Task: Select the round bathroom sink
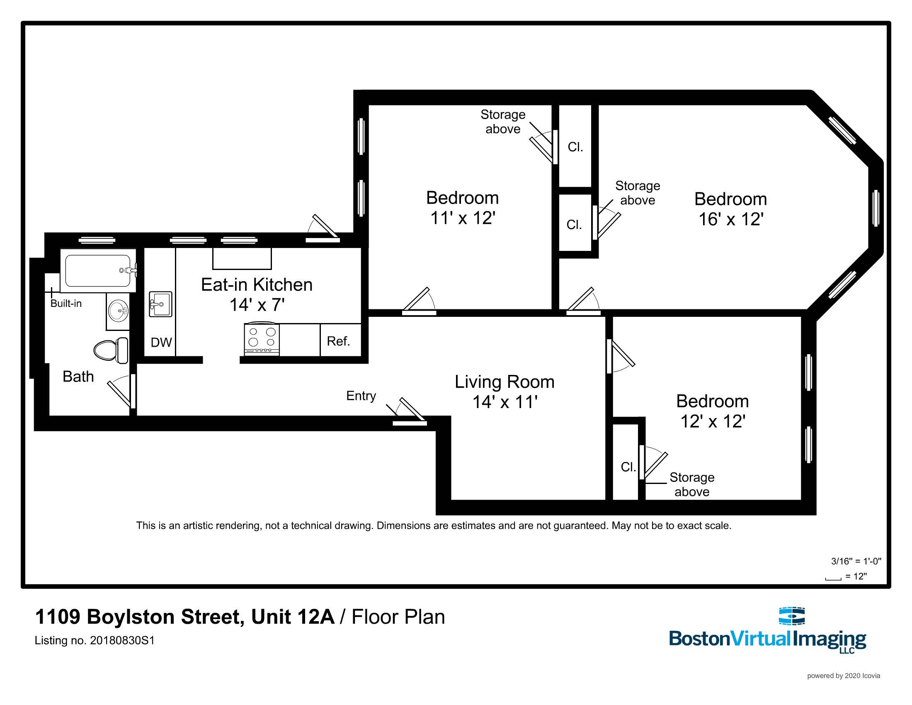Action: pyautogui.click(x=118, y=310)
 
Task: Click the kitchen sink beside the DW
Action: pyautogui.click(x=160, y=304)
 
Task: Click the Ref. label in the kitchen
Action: pyautogui.click(x=338, y=341)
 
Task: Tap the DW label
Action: pyautogui.click(x=161, y=343)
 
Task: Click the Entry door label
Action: pyautogui.click(x=361, y=396)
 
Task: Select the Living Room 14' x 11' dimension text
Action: pyautogui.click(x=505, y=402)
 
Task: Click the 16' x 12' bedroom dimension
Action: pyautogui.click(x=731, y=219)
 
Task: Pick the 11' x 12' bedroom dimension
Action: pyautogui.click(x=462, y=218)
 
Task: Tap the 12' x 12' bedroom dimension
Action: pyautogui.click(x=712, y=421)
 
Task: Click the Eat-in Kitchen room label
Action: pyautogui.click(x=256, y=285)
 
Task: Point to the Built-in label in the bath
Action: pyautogui.click(x=66, y=304)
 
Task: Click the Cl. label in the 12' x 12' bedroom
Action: pyautogui.click(x=628, y=467)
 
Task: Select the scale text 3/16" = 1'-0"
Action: pyautogui.click(x=856, y=561)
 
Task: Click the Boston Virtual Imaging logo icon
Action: pyautogui.click(x=792, y=616)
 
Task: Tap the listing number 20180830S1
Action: pyautogui.click(x=122, y=640)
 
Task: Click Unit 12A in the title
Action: pyautogui.click(x=292, y=617)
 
